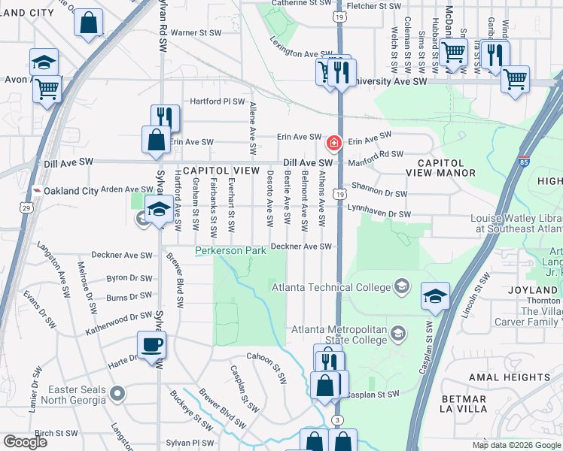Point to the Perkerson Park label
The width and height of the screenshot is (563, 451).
coord(230,250)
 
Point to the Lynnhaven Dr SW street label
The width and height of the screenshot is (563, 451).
coord(379,215)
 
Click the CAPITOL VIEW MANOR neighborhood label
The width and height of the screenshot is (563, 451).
coord(446,168)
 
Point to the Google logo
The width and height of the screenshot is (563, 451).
coord(26,442)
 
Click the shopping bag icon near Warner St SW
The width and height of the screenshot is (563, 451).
coord(88,23)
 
